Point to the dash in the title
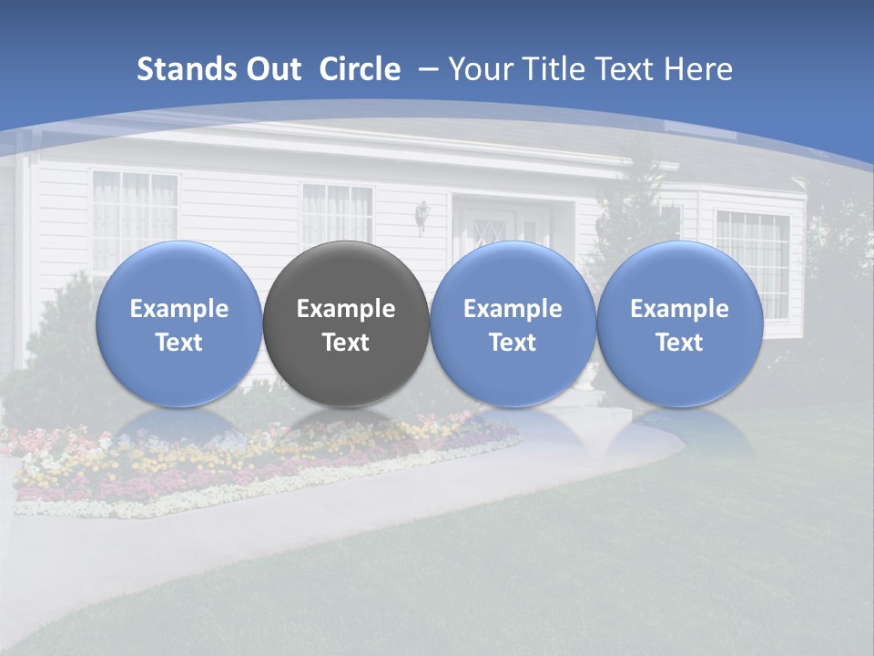tap(428, 69)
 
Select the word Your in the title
tap(476, 69)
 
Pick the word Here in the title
tap(700, 69)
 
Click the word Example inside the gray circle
tap(346, 309)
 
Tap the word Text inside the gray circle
tap(346, 343)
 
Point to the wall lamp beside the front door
tap(422, 215)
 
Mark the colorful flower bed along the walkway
tap(228, 460)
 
